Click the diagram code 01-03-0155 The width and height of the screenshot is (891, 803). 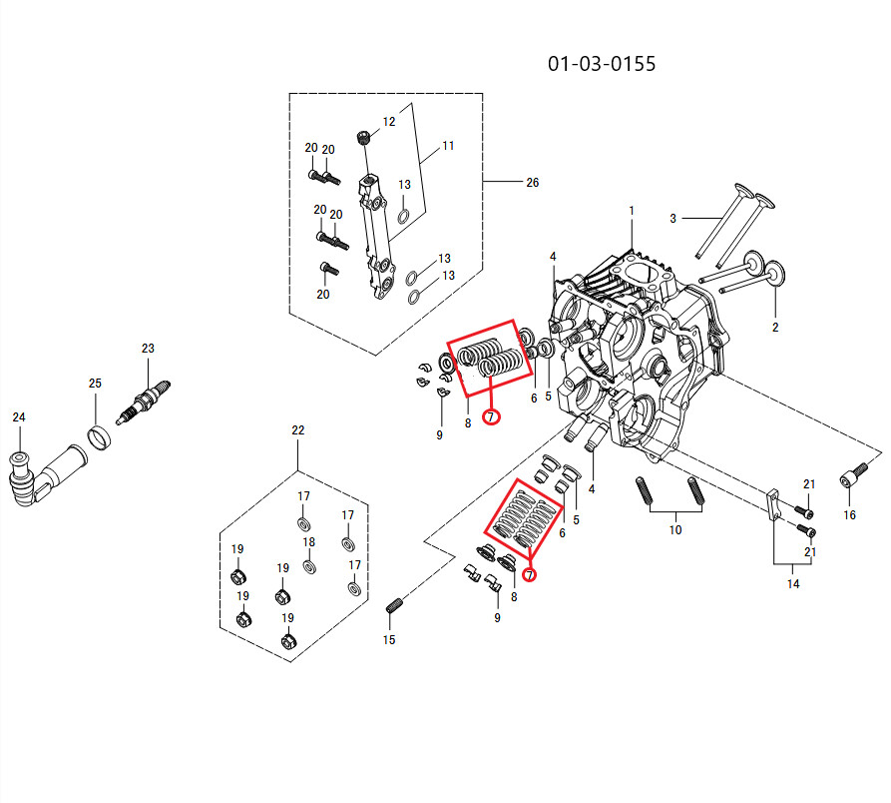(602, 64)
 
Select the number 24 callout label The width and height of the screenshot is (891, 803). (19, 417)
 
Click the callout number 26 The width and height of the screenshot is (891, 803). (532, 183)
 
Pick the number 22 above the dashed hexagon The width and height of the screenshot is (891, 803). (297, 430)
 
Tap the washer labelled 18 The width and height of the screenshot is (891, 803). (309, 566)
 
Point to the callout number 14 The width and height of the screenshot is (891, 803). (792, 583)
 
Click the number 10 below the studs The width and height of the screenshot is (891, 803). (675, 530)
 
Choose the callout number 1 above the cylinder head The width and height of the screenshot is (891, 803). (632, 211)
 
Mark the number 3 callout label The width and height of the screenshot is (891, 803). (673, 218)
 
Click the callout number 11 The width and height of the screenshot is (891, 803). (448, 146)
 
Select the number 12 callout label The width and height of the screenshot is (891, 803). (389, 121)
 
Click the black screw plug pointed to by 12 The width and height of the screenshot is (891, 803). (363, 137)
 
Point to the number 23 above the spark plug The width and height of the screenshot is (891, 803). (148, 349)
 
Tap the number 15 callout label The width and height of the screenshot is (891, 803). (389, 640)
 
